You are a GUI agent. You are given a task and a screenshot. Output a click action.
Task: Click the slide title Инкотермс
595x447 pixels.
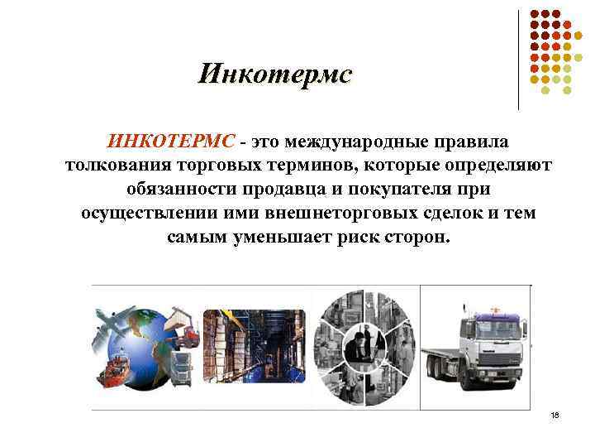pos(274,74)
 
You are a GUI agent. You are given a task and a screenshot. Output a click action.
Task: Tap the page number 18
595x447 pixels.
pos(554,415)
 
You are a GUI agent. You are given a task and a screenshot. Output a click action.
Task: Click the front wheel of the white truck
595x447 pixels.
pos(469,380)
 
